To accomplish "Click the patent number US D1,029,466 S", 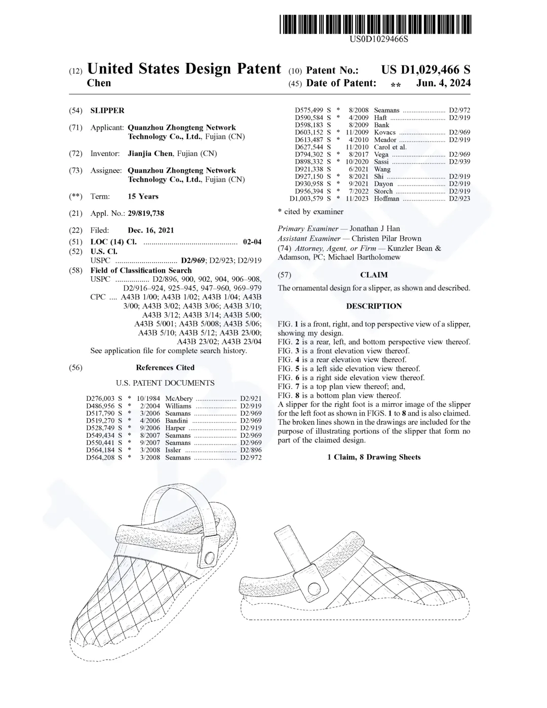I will point(425,70).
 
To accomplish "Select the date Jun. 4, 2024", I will point(443,83).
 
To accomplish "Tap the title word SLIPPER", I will point(107,110).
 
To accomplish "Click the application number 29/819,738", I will point(146,213).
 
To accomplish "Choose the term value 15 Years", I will point(143,197).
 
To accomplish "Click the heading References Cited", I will point(165,367).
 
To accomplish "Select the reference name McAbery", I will point(179,398).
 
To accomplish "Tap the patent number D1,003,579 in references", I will point(307,199).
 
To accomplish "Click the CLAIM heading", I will point(374,275).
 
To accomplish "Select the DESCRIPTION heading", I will point(374,306).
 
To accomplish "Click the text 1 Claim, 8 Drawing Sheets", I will point(374,457).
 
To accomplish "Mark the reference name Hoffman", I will point(386,199).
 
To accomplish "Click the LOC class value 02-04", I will point(252,242).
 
